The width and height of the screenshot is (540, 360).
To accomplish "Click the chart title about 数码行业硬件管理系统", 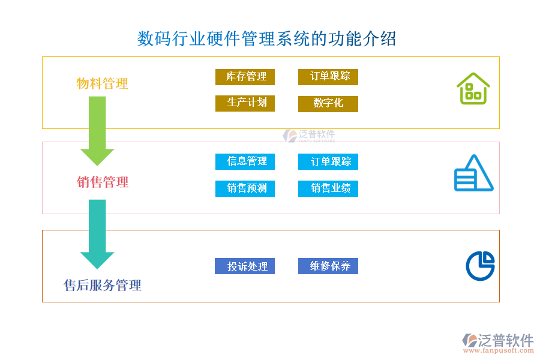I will [267, 39].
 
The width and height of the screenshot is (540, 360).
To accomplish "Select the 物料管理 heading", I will [103, 83].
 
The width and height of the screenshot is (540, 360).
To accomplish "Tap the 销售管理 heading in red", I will [103, 182].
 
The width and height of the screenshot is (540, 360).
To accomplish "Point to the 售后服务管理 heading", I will [103, 285].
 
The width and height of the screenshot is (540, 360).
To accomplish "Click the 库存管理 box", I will [245, 77].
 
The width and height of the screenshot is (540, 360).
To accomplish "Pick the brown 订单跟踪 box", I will [328, 77].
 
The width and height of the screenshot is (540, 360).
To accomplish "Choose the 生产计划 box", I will [245, 103].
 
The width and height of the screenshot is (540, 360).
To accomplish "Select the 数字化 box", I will [328, 104].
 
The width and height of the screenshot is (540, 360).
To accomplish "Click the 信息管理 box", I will [245, 161].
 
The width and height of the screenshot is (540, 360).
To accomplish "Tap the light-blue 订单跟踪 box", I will [328, 161].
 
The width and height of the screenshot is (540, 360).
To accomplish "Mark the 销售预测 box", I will [245, 188].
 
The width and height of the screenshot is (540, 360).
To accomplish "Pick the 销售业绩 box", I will [328, 188].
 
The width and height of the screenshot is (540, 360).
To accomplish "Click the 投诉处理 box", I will [245, 266].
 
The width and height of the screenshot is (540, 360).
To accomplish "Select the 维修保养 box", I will [328, 266].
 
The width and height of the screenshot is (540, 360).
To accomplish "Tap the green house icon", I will [473, 89].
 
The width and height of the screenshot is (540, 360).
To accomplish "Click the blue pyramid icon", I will [473, 173].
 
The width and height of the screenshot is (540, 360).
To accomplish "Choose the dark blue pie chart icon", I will [480, 265].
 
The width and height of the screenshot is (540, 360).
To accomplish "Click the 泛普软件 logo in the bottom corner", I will [497, 343].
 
